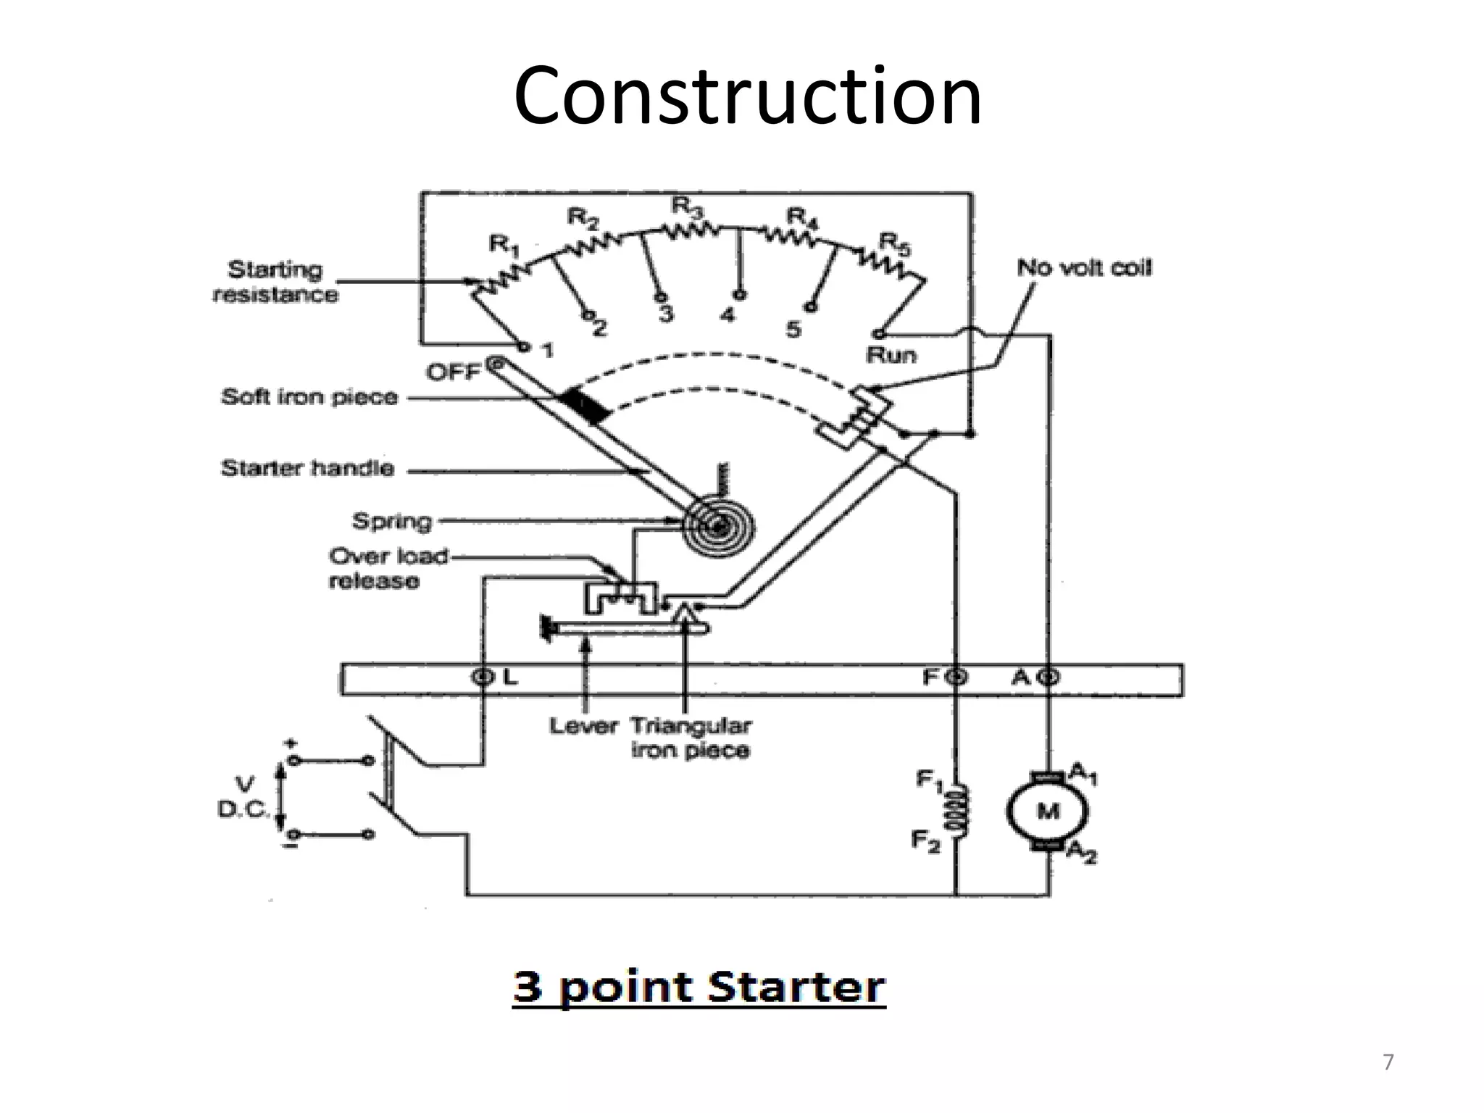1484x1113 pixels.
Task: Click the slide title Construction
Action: (x=747, y=96)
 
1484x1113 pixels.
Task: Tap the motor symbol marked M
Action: (x=1047, y=811)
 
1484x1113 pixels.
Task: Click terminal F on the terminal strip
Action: (x=956, y=678)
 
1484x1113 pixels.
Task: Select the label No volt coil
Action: (x=1083, y=268)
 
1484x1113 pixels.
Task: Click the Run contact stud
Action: (x=878, y=334)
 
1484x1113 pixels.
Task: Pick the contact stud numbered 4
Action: (x=739, y=295)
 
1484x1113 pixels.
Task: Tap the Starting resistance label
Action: (x=275, y=282)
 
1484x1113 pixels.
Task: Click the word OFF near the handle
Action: (x=453, y=372)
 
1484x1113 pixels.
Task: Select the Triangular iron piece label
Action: (x=691, y=738)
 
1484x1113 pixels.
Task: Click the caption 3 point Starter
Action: (x=699, y=987)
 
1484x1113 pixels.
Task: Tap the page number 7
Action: (x=1388, y=1063)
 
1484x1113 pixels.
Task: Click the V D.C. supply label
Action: (x=244, y=797)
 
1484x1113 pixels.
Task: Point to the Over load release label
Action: (x=388, y=569)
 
